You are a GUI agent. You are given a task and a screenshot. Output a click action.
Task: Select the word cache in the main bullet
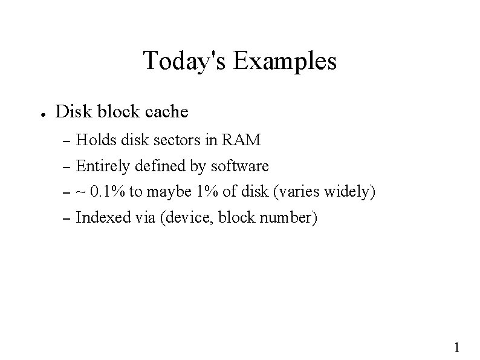pos(167,112)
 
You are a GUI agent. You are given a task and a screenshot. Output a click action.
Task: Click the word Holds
pos(97,140)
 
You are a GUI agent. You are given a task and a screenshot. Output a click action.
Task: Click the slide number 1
pos(456,347)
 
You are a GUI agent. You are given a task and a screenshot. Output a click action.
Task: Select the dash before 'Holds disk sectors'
pos(67,142)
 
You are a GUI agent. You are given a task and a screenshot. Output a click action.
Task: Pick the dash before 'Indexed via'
pos(67,219)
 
